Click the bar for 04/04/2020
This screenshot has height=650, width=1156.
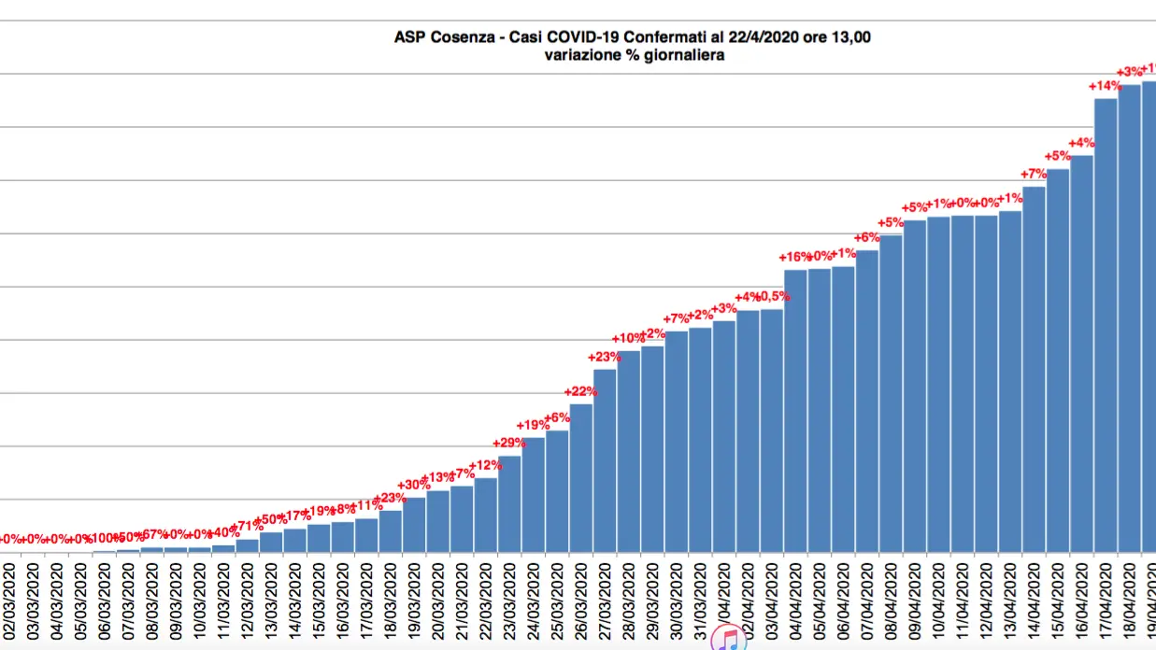(x=795, y=411)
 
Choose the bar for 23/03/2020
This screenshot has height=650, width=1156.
(x=509, y=503)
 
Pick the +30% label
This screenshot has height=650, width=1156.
(x=413, y=485)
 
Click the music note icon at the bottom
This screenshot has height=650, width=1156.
(x=728, y=639)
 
